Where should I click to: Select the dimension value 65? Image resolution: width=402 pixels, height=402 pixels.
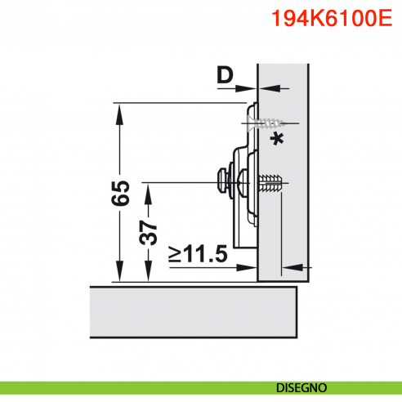click(x=119, y=194)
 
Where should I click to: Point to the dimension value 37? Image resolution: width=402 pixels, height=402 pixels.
click(x=148, y=234)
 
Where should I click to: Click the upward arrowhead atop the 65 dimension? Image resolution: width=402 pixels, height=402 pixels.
click(x=119, y=110)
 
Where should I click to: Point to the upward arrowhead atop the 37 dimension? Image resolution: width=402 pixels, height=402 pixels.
click(x=148, y=189)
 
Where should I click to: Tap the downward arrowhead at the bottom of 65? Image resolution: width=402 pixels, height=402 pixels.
click(x=119, y=277)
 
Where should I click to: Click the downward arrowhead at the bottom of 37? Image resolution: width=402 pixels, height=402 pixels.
click(x=148, y=277)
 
